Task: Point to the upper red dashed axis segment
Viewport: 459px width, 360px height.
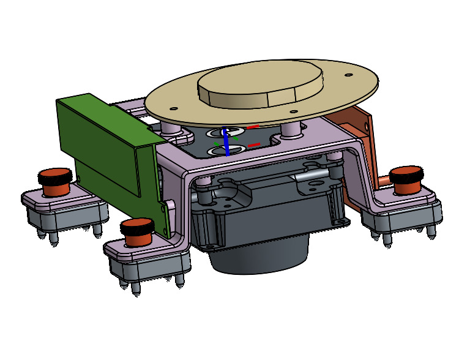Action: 253,127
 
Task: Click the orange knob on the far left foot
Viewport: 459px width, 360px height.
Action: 54,179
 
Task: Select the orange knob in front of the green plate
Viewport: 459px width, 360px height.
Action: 136,231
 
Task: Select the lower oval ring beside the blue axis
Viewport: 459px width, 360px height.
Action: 217,150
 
